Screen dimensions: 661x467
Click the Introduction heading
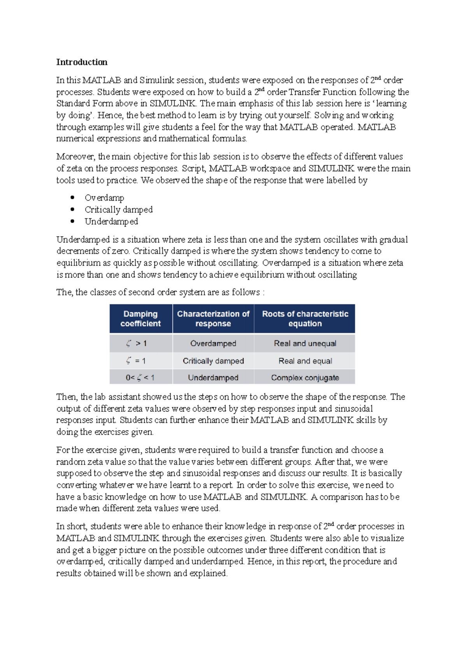tap(82, 62)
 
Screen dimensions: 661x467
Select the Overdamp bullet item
tap(104, 198)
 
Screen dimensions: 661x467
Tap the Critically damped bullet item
tap(119, 209)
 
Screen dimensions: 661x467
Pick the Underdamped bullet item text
tap(111, 222)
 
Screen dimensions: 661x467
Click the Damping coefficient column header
tap(140, 318)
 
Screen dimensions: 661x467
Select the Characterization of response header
tap(213, 318)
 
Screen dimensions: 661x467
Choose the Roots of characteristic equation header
tap(305, 318)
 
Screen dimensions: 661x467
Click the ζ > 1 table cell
tap(137, 343)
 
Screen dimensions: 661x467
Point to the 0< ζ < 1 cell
tap(140, 378)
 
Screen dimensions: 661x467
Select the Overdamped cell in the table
tap(213, 343)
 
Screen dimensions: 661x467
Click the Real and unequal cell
tap(305, 343)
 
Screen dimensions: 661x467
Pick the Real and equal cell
tap(305, 361)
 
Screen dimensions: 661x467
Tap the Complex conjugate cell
tap(305, 378)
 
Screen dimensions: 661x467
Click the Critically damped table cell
tap(213, 361)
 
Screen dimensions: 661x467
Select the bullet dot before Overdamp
tap(72, 198)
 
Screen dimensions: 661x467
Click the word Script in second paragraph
tap(193, 169)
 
